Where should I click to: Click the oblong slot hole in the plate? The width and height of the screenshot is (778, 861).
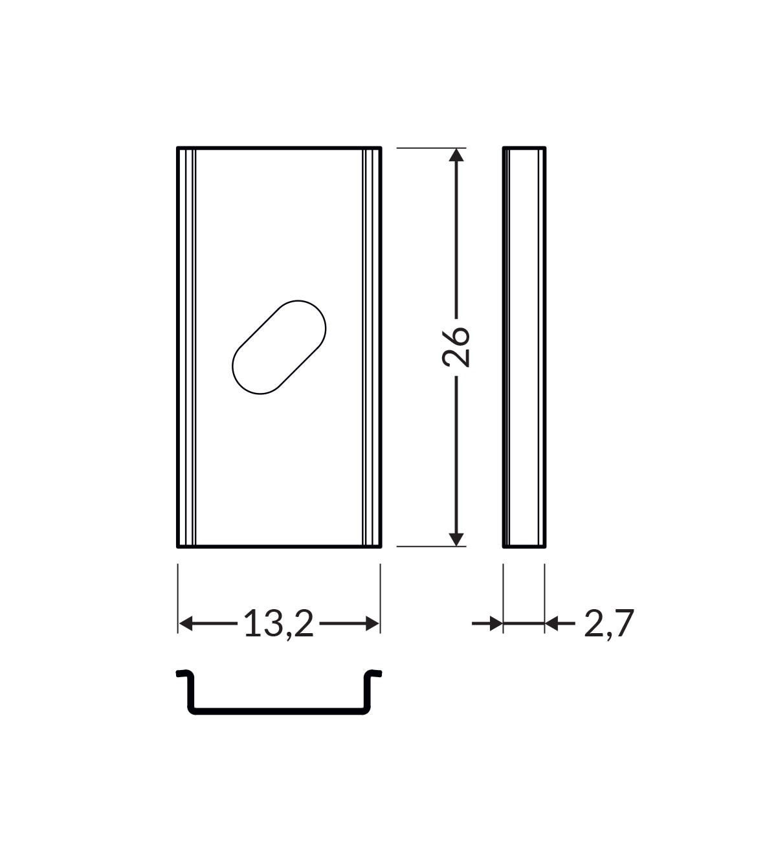279,347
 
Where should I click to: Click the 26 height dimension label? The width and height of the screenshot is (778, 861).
456,347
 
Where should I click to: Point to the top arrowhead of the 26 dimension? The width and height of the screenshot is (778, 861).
456,155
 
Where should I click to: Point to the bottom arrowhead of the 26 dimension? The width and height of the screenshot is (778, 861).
456,539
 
